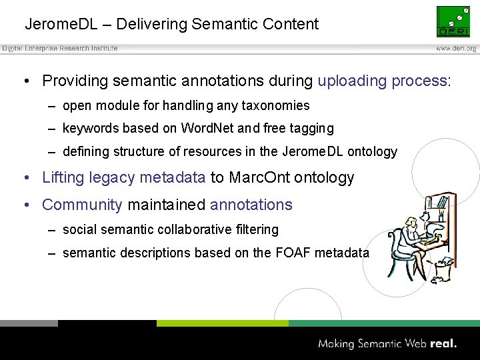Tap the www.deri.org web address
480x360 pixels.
(x=456, y=49)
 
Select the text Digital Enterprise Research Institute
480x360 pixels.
(x=60, y=49)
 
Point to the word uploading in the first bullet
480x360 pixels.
(x=351, y=81)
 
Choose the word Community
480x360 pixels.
(x=82, y=205)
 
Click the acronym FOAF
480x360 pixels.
(x=293, y=253)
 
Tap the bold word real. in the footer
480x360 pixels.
(x=443, y=344)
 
